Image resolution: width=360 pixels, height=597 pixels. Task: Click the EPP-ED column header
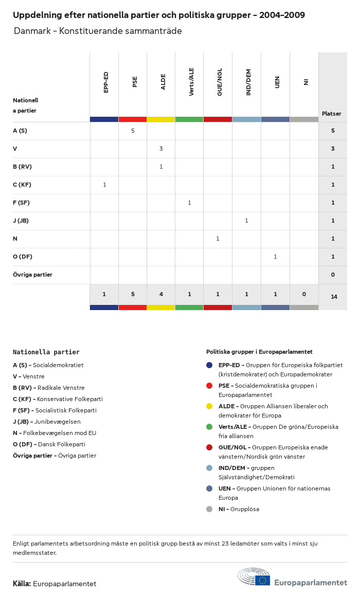[x=106, y=82]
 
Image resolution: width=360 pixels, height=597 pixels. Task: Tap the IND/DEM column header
[x=248, y=82]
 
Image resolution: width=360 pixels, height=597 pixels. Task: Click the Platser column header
[x=332, y=114]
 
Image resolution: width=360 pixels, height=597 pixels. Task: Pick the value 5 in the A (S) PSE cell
[x=133, y=131]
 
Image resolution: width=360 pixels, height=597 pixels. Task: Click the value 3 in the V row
[x=161, y=149]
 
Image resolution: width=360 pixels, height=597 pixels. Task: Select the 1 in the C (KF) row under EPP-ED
[x=104, y=185]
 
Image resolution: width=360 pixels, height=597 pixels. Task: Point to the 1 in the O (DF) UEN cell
[x=275, y=257]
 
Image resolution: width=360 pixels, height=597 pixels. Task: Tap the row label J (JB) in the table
[x=21, y=221]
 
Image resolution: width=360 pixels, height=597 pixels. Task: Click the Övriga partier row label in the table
[x=32, y=275]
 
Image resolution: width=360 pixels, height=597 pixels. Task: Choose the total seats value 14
[x=334, y=297]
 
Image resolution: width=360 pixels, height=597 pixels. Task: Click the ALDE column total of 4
[x=161, y=294]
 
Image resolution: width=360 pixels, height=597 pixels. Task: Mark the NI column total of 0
[x=304, y=294]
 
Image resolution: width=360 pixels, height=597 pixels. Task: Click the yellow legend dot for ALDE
[x=209, y=406]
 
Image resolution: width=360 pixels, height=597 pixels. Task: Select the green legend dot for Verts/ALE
[x=209, y=427]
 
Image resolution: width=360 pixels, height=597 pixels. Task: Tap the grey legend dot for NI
[x=209, y=509]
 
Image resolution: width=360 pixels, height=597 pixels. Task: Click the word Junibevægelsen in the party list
[x=57, y=422]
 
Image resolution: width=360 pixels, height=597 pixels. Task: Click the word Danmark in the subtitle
[x=32, y=31]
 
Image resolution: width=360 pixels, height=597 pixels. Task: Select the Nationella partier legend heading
[x=46, y=352]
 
